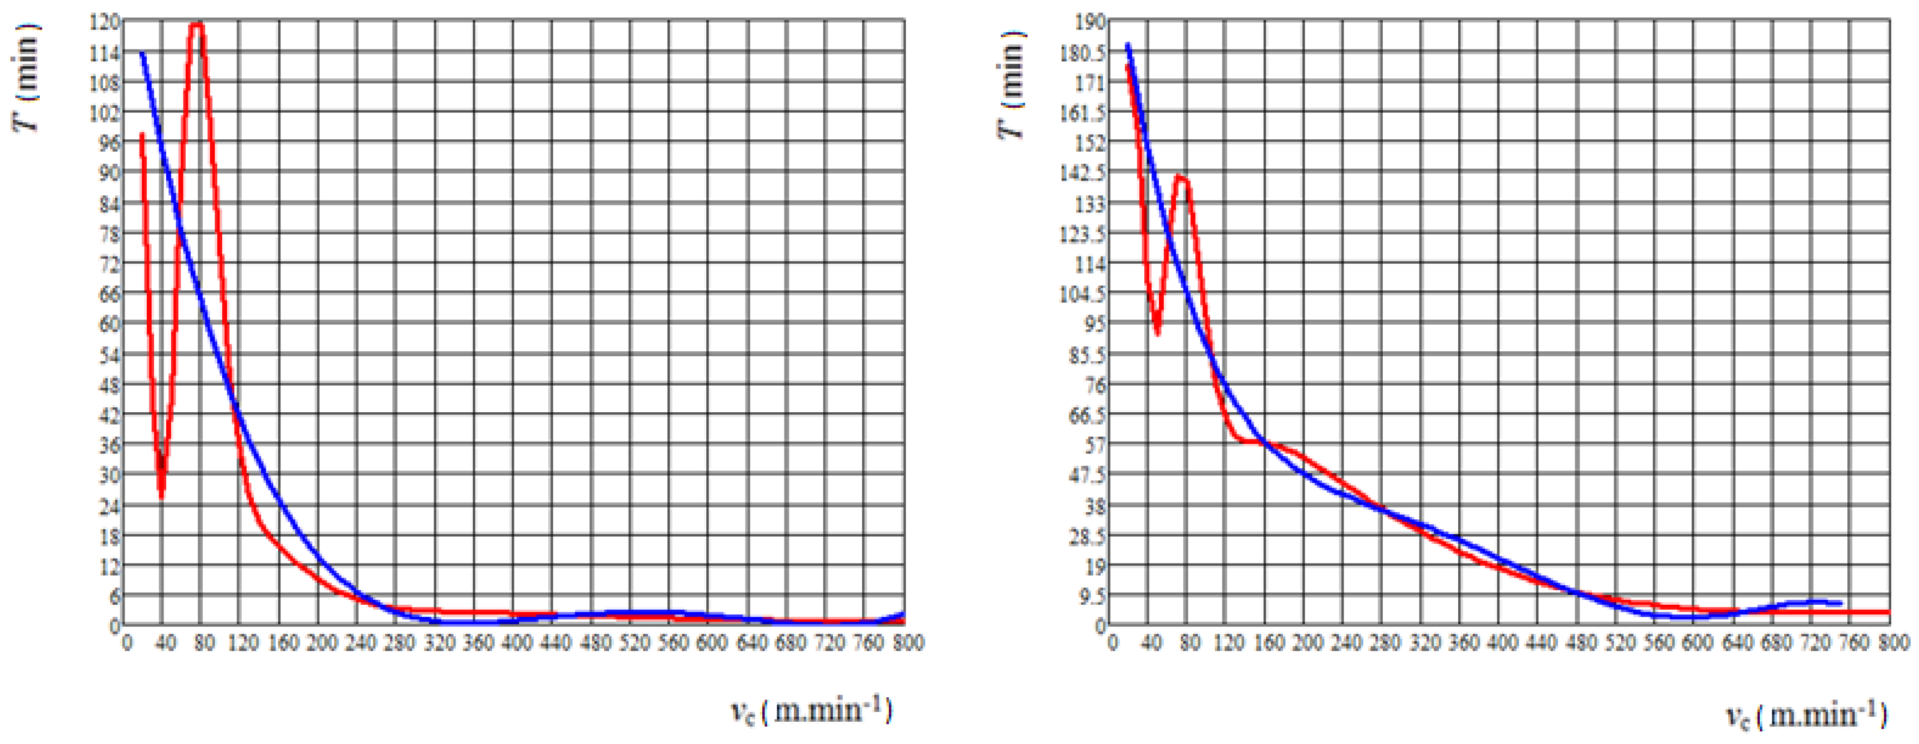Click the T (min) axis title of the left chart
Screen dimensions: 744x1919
pos(27,78)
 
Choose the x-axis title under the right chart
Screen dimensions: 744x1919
pos(1807,716)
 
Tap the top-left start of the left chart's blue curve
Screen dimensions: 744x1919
pos(142,53)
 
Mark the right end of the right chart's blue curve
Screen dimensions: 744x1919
pos(1841,603)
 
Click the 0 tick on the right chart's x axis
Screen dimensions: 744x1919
pos(1112,643)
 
